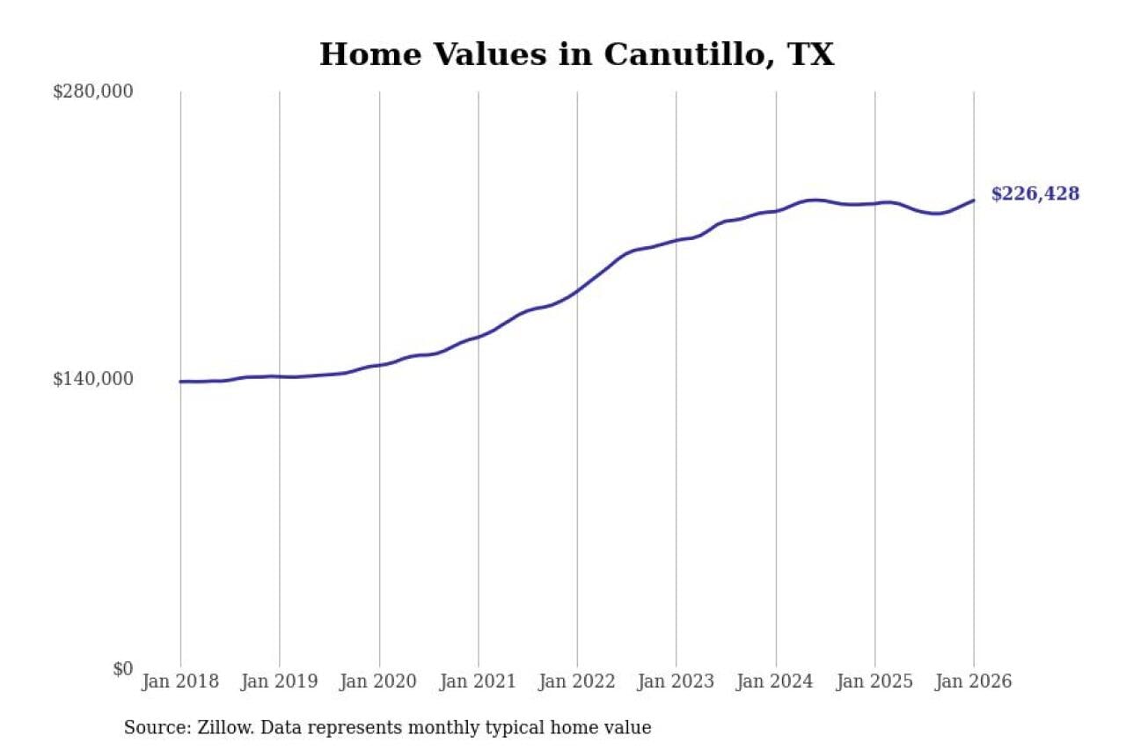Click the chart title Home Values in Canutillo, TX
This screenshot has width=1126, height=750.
point(576,55)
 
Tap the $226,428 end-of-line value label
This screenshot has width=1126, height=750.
point(1035,194)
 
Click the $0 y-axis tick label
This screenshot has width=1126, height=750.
point(122,668)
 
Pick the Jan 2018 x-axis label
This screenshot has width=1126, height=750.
point(180,682)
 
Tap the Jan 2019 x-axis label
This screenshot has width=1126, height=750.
point(280,682)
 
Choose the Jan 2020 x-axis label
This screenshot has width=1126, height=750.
point(379,682)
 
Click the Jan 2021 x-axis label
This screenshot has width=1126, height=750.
point(478,682)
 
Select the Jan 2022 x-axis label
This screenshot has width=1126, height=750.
point(577,682)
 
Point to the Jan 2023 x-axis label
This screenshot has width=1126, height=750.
point(676,682)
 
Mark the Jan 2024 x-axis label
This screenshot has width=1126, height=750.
point(775,682)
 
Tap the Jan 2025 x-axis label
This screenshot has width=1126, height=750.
point(874,682)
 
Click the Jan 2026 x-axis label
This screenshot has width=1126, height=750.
point(973,682)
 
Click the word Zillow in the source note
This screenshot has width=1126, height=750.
point(212,728)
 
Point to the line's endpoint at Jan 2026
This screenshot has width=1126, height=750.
point(974,200)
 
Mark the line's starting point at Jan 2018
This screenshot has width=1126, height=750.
point(180,382)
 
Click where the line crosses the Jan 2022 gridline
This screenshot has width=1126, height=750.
point(577,290)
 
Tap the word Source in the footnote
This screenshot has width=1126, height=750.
point(150,728)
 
